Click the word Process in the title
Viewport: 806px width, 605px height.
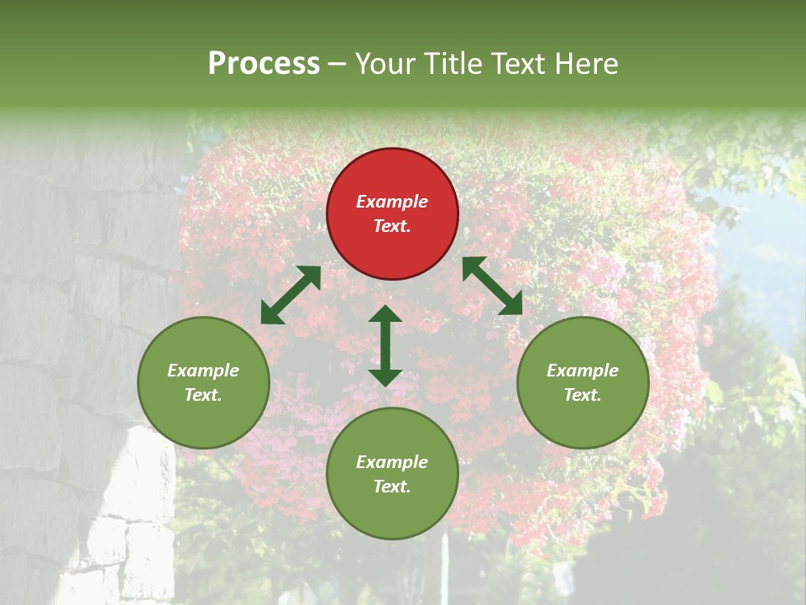[264, 64]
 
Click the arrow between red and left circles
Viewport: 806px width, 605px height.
[290, 295]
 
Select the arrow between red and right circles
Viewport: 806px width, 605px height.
[492, 286]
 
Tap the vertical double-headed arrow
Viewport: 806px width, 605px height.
[385, 345]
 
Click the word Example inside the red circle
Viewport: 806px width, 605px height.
[392, 202]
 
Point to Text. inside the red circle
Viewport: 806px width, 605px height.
[392, 226]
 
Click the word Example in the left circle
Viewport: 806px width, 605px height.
[203, 371]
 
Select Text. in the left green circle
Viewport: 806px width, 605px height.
[203, 395]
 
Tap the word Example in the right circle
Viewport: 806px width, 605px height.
[583, 371]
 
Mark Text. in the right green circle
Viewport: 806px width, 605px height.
[583, 395]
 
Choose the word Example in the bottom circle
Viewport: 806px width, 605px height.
[392, 462]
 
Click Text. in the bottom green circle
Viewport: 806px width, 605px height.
[392, 487]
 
